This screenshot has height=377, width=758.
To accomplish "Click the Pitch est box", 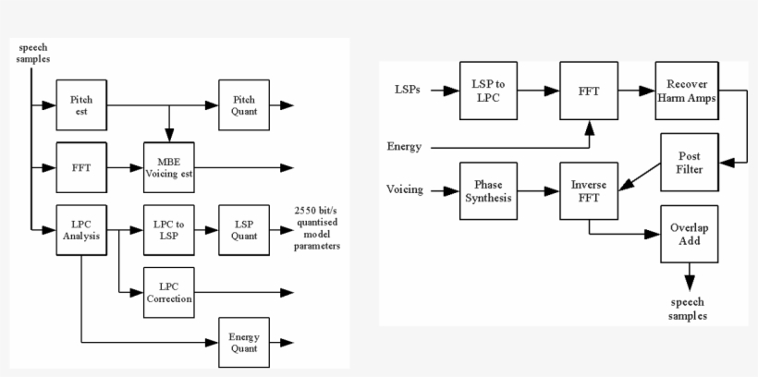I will (82, 104).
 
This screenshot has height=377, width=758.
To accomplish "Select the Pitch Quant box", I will (244, 104).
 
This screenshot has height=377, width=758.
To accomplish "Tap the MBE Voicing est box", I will (168, 167).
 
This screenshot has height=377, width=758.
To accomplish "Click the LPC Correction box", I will (168, 292).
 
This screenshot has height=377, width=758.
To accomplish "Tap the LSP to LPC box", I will (488, 91).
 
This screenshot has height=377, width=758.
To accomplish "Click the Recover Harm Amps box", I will (685, 91).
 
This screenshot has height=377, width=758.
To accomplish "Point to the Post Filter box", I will (690, 163).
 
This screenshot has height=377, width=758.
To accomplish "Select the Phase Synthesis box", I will (488, 190).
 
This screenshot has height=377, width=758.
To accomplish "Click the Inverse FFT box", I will (589, 190).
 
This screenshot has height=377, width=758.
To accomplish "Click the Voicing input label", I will (405, 190).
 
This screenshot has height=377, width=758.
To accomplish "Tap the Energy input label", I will (406, 147).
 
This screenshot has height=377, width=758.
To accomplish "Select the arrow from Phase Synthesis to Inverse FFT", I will (538, 190).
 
